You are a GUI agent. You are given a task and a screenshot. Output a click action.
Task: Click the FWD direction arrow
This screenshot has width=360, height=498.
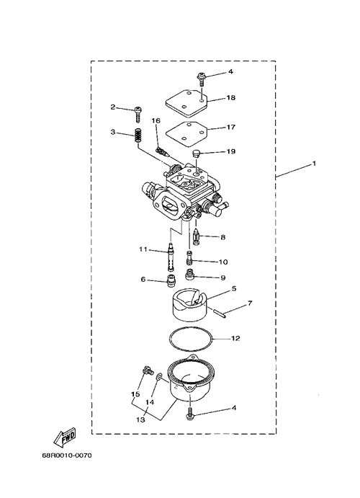tap(65, 436)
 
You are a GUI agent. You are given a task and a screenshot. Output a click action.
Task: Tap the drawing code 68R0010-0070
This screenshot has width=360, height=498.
tap(67, 455)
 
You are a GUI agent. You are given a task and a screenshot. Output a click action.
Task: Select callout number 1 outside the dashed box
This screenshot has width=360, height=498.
tap(314, 164)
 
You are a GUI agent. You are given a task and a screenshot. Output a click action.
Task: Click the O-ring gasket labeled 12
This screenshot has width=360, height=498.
tap(190, 340)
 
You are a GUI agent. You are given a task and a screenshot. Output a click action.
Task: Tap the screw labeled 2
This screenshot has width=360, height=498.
tap(138, 115)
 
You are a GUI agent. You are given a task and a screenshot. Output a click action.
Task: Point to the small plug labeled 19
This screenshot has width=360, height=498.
tap(197, 154)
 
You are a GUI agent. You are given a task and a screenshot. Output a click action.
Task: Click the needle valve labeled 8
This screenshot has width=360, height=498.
tap(197, 237)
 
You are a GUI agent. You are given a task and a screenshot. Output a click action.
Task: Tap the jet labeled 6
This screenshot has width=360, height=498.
tap(171, 280)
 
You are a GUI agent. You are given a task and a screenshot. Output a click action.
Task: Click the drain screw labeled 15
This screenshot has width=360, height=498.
tap(148, 370)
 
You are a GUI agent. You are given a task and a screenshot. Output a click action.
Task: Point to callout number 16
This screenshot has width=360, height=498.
tap(156, 120)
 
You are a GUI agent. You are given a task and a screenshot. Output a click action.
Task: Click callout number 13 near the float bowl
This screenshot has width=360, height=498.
tap(141, 419)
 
